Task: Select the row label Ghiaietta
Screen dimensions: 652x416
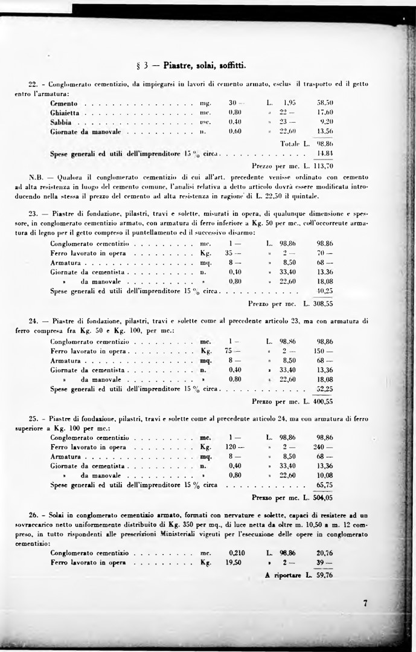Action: [x=67, y=112]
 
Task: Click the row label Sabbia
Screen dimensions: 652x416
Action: [x=62, y=121]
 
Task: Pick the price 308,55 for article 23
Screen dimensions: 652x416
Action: [x=322, y=302]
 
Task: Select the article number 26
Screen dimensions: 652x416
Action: [x=34, y=515]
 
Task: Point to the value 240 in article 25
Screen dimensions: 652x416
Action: [x=324, y=447]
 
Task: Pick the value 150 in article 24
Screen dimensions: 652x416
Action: [x=324, y=350]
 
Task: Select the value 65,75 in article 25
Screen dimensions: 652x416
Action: [x=324, y=485]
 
